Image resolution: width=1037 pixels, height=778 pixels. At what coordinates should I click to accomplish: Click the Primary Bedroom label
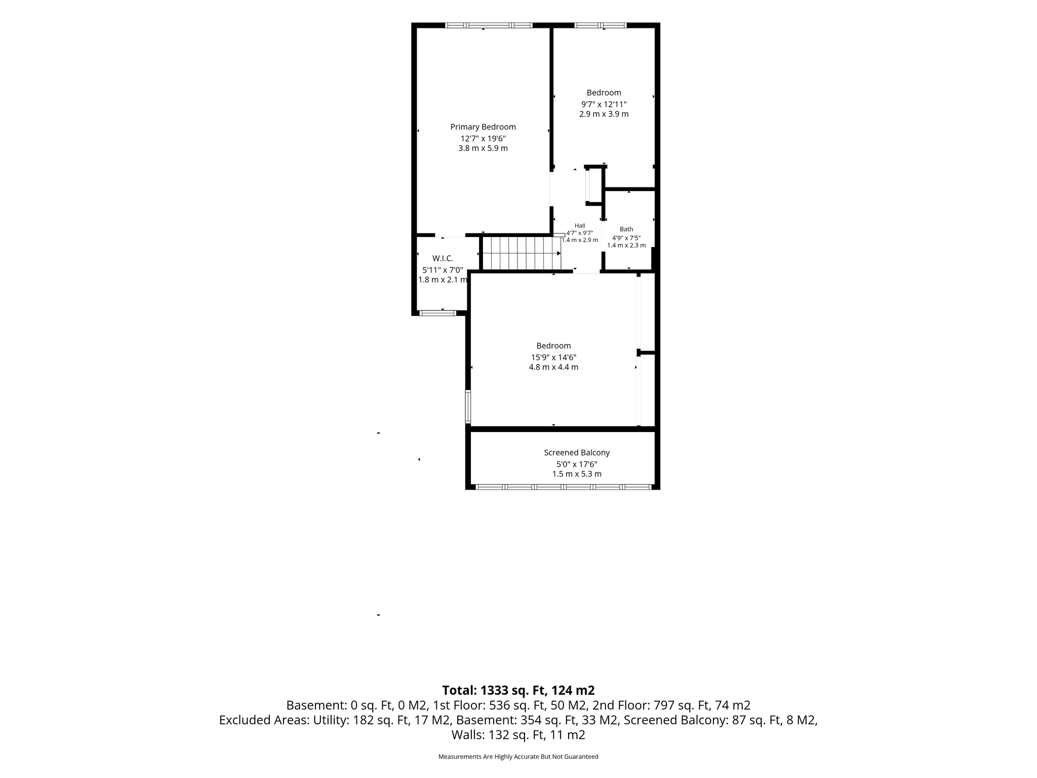(x=483, y=127)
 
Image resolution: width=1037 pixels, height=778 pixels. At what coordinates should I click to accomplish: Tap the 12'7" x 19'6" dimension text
(x=483, y=138)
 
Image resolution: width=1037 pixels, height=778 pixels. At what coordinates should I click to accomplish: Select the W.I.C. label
(x=443, y=258)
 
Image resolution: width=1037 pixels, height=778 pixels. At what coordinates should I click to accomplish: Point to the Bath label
(x=626, y=229)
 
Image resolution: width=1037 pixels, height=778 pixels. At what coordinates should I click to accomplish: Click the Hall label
(x=580, y=226)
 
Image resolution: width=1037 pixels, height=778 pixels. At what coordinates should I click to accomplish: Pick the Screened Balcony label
(x=577, y=453)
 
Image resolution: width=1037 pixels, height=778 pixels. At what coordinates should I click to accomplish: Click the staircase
(x=521, y=253)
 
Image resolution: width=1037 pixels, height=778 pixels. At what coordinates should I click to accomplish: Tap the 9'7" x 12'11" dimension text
(x=604, y=104)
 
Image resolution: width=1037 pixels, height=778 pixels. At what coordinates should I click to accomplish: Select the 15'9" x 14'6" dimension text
(x=553, y=357)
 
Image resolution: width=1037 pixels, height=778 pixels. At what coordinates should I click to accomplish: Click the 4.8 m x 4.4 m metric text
(x=553, y=367)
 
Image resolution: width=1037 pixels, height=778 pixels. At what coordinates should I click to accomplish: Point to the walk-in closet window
(x=438, y=313)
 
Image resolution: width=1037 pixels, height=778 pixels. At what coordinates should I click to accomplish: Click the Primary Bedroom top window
(x=489, y=25)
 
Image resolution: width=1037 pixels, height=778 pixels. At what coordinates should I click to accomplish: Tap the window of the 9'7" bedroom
(x=601, y=25)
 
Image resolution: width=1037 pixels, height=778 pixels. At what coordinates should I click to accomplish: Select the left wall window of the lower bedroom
(x=468, y=406)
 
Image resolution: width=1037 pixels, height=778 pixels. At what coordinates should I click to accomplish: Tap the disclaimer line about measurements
(x=518, y=757)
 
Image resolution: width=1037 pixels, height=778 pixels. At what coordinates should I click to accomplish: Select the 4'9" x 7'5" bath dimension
(x=626, y=238)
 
